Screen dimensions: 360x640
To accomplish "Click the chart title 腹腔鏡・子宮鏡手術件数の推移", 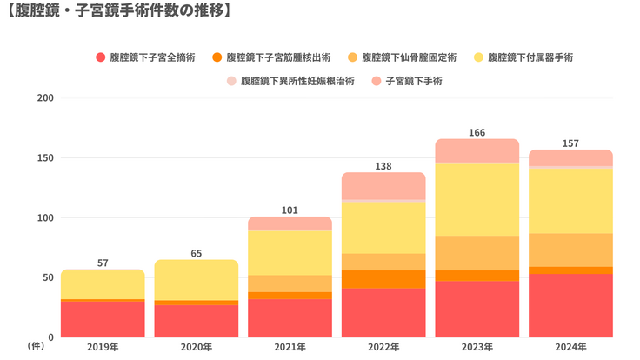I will click(x=117, y=11).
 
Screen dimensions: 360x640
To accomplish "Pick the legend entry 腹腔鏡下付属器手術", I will click(x=530, y=57).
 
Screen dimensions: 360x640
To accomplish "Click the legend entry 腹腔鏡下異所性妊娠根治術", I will click(x=297, y=81).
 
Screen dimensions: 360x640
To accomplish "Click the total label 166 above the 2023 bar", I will click(x=477, y=133).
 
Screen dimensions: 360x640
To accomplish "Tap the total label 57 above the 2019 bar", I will click(x=103, y=263).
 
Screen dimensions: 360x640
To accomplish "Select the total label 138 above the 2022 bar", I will click(x=383, y=165).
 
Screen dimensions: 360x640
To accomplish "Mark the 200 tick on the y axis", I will click(x=46, y=97).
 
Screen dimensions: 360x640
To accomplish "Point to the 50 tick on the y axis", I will click(x=49, y=277).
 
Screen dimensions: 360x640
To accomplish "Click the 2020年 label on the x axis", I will click(x=197, y=347).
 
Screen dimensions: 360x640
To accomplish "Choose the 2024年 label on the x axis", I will click(x=570, y=347).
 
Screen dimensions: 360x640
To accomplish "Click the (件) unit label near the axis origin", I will click(x=37, y=346).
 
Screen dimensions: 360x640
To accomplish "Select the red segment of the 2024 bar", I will click(x=570, y=305).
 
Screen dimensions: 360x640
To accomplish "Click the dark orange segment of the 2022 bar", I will click(x=383, y=278).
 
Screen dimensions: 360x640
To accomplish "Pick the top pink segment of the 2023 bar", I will click(x=477, y=150).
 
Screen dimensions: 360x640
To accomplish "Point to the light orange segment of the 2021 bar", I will click(x=290, y=283).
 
